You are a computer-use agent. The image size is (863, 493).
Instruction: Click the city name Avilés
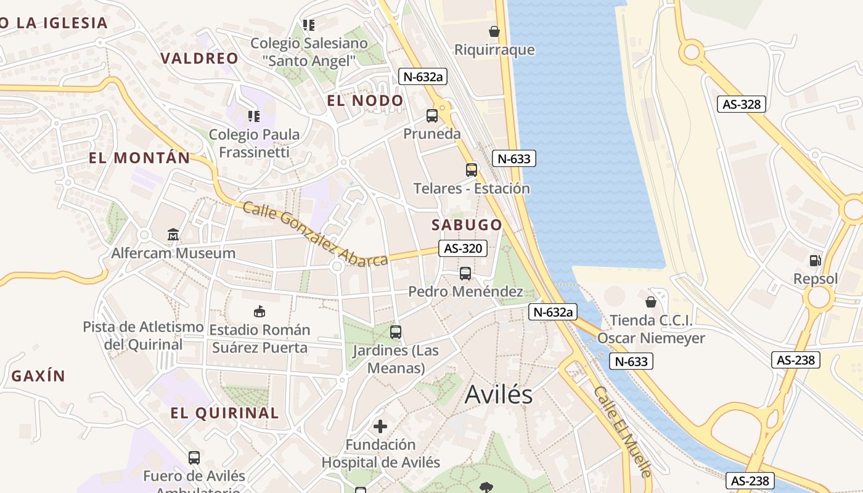pos(498,394)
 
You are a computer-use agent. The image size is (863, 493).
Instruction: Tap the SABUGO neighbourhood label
pos(467,224)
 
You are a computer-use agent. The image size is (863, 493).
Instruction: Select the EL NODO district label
pos(365,100)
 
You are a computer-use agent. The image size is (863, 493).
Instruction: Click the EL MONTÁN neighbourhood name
pos(139,158)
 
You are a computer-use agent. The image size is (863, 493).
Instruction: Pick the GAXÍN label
pos(38,376)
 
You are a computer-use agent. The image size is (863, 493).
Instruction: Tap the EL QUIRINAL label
pos(224,413)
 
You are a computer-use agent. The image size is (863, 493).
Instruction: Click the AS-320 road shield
pos(463,248)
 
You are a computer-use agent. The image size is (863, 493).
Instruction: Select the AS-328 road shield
pos(742,104)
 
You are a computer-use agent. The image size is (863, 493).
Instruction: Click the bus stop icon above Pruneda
pos(432,116)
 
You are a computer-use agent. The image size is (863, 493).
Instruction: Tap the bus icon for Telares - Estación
pos(472,170)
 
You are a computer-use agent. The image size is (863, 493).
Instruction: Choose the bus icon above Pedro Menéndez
pos(465,274)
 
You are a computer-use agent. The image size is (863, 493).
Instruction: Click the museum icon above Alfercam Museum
pos(173,235)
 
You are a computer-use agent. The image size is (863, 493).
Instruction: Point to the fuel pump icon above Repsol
pos(815,261)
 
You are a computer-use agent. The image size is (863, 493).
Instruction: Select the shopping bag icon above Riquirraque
pos(494,31)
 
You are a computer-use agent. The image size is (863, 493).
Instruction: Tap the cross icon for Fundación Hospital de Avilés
pos(380,426)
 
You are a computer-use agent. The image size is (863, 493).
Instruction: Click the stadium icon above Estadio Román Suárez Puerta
pos(260,311)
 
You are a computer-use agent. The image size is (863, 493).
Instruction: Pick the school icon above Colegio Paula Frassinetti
pos(253,116)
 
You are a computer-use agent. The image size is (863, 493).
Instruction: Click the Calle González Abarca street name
pos(315,234)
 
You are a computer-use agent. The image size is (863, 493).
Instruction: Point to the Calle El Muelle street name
pos(622,431)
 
